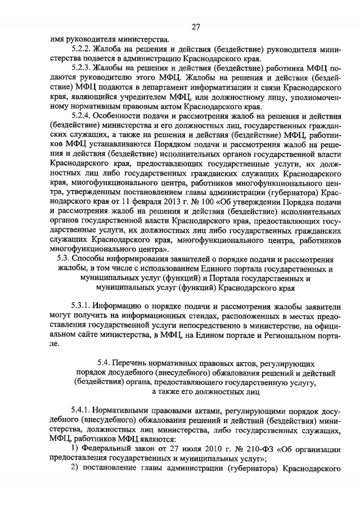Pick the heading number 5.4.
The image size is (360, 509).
coord(105,364)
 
